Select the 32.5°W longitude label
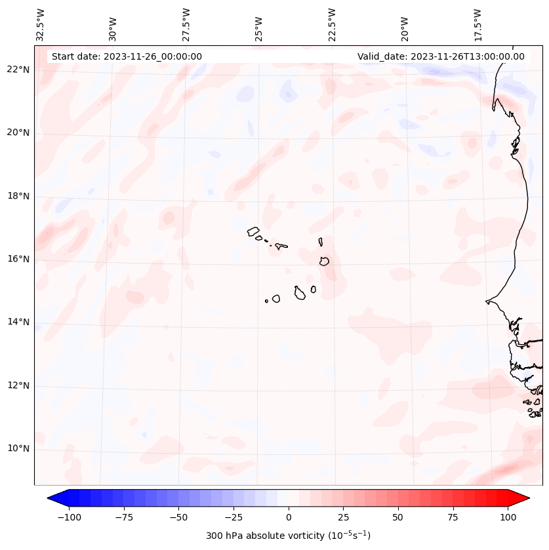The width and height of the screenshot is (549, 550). [41, 24]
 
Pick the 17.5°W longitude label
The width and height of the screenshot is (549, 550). [478, 24]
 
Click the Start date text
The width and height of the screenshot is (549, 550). [127, 56]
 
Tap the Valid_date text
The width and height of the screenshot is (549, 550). [441, 56]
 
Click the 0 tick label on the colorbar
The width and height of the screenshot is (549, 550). [289, 517]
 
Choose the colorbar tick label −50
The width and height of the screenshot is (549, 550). [178, 517]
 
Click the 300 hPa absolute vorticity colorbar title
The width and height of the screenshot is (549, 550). [288, 536]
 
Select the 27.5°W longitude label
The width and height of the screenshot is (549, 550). [186, 24]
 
